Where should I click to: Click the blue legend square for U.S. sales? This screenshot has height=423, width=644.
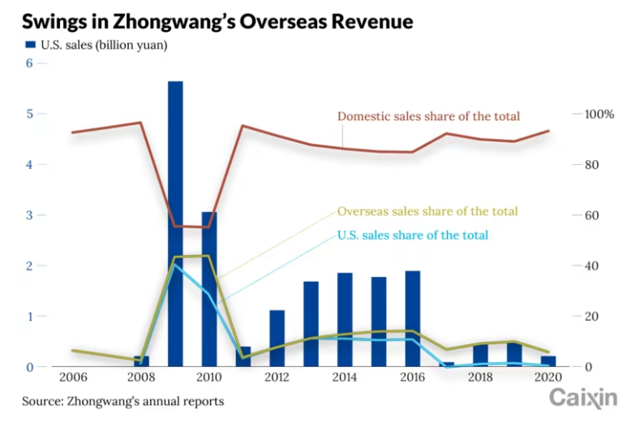tap(31, 45)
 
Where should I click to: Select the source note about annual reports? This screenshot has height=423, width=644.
tap(122, 401)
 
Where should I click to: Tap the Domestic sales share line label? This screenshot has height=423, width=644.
tap(428, 116)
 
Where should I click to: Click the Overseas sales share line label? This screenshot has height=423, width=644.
tap(427, 211)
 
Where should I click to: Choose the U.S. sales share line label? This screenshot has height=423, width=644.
tap(412, 235)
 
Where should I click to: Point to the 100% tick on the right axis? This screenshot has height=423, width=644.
tap(600, 114)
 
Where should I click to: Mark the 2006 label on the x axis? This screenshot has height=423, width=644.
tap(74, 378)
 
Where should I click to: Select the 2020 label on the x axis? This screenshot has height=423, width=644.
tap(549, 378)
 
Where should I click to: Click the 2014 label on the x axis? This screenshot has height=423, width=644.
tap(346, 378)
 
